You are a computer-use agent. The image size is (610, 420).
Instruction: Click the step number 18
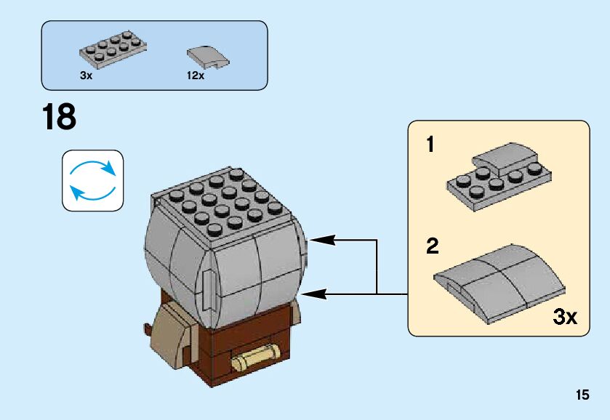(x=60, y=117)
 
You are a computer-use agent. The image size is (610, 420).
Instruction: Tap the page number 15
(x=582, y=395)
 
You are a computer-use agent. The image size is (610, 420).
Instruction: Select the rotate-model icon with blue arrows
(x=92, y=181)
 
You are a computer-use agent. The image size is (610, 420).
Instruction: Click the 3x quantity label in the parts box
(x=87, y=75)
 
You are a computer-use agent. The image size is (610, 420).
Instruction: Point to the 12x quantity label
(x=196, y=75)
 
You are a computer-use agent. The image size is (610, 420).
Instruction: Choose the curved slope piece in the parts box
(x=207, y=55)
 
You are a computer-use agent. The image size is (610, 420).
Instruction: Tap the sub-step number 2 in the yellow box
(x=433, y=247)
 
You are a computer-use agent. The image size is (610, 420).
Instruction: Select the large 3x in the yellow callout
(x=565, y=317)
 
